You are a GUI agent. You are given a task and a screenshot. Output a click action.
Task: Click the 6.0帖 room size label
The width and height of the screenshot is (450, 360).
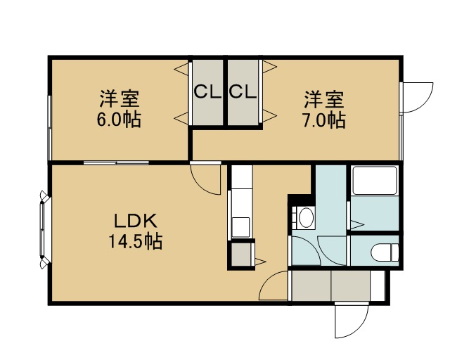[119, 120]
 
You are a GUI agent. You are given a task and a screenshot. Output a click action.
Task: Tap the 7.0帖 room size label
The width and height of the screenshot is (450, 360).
[324, 120]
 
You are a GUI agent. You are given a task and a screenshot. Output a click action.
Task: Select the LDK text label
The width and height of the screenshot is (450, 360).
[136, 221]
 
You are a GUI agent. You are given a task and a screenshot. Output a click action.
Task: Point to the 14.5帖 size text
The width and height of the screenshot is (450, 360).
[136, 242]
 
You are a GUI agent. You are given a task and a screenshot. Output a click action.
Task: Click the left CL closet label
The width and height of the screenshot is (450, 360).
[207, 92]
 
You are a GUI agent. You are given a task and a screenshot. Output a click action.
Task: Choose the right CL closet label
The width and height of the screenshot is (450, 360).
[243, 92]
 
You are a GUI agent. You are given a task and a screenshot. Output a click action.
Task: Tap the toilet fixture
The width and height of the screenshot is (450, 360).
[385, 252]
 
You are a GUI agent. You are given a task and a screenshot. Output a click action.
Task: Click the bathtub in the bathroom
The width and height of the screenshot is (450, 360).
[375, 181]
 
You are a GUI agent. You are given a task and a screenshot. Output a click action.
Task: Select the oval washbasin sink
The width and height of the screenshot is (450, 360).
[307, 217]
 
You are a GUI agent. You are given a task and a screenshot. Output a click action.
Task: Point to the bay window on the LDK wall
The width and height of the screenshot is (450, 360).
[44, 230]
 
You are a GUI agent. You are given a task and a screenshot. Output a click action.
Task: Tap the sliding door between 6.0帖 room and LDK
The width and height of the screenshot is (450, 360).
[116, 163]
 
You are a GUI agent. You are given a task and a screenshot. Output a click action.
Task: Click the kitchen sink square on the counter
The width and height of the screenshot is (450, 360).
[240, 227]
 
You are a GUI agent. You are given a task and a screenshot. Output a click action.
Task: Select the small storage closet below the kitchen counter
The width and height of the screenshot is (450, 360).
[241, 254]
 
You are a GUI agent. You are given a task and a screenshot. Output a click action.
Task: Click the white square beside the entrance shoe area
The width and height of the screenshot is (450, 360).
[378, 285]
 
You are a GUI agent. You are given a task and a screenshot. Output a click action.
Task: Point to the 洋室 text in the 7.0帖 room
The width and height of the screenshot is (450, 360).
[324, 100]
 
